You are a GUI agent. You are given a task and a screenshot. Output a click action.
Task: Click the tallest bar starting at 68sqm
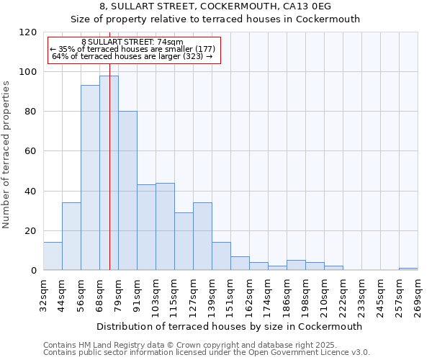109,173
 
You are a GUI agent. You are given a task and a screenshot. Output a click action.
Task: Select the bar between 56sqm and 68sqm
90,178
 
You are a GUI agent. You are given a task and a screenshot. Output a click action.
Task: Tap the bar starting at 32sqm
53,256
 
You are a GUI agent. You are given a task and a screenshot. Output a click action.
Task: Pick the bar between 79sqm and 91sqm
127,191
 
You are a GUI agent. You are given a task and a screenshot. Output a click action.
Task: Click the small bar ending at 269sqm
408,269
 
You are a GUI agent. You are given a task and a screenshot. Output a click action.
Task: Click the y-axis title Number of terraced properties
6,155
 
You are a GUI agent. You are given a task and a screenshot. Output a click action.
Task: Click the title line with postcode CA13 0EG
215,6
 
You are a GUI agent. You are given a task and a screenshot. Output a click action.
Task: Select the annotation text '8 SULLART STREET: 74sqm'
132,42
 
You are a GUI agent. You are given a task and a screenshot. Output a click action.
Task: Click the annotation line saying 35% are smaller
132,49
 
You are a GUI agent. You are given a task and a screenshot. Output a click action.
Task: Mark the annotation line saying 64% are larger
132,56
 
